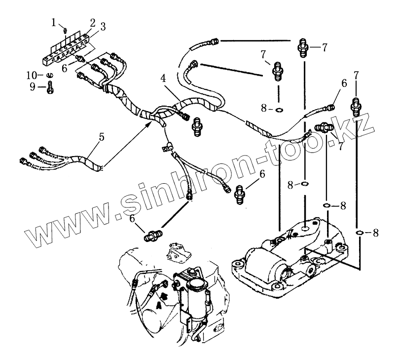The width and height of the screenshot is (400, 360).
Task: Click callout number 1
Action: click(55, 21)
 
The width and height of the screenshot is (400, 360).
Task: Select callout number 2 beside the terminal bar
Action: click(92, 22)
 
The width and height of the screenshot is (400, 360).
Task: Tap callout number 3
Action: click(102, 28)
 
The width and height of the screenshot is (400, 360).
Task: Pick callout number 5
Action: click(101, 137)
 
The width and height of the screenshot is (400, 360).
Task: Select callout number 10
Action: click(31, 75)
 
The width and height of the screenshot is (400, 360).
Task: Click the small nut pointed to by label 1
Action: click(66, 31)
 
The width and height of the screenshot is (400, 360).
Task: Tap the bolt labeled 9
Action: click(50, 88)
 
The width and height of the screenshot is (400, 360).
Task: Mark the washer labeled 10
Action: click(50, 76)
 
